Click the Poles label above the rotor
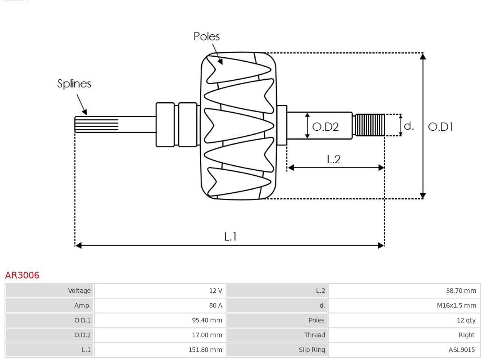pyautogui.click(x=207, y=36)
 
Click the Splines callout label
pyautogui.click(x=74, y=84)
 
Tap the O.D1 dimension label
pyautogui.click(x=440, y=127)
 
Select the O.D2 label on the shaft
pyautogui.click(x=325, y=127)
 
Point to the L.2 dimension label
pyautogui.click(x=333, y=159)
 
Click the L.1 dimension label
pyautogui.click(x=230, y=236)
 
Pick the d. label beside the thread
pyautogui.click(x=409, y=126)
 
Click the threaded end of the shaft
pyautogui.click(x=370, y=125)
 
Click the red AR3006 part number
pyautogui.click(x=22, y=275)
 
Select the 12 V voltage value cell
pyautogui.click(x=216, y=291)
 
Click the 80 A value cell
pyautogui.click(x=216, y=305)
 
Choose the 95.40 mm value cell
pyautogui.click(x=207, y=320)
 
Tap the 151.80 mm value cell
pyautogui.click(x=205, y=350)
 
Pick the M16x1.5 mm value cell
pyautogui.click(x=456, y=305)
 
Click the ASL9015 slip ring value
pyautogui.click(x=461, y=350)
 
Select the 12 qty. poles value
pyautogui.click(x=466, y=320)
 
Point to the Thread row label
pyautogui.click(x=314, y=335)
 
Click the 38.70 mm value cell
pyautogui.click(x=461, y=291)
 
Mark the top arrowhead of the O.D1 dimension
pyautogui.click(x=423, y=56)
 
